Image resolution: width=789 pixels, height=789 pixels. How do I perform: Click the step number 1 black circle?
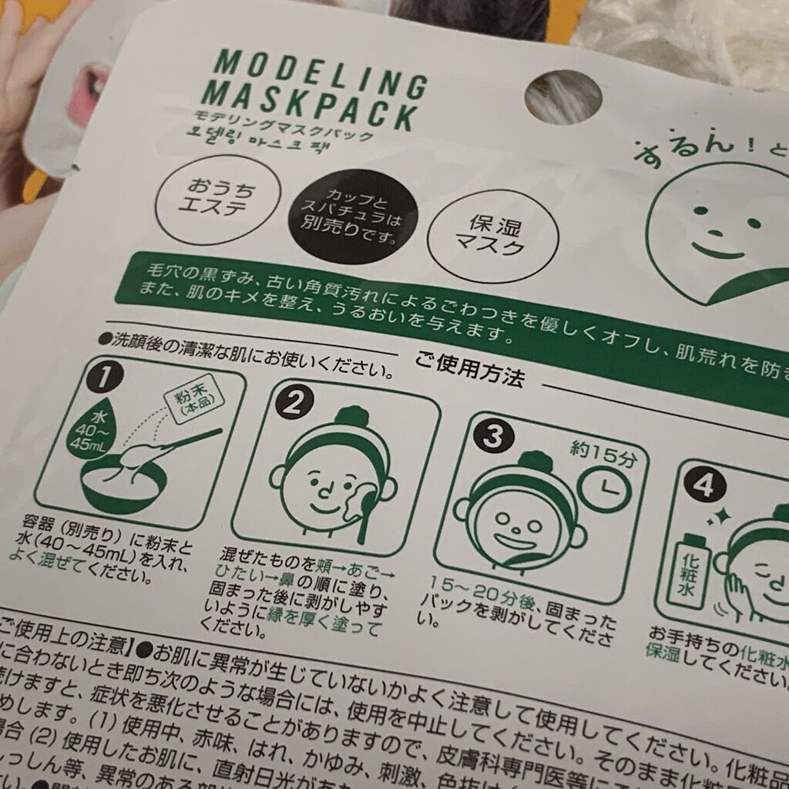(x=106, y=376)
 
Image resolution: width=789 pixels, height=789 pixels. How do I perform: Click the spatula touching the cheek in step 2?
(x=360, y=509)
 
